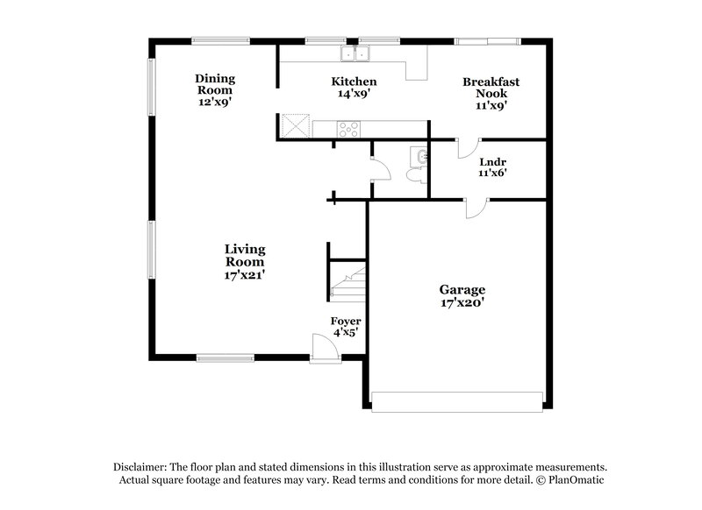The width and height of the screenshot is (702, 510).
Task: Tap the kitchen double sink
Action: click(356, 54)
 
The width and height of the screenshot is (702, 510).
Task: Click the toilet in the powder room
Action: click(415, 174)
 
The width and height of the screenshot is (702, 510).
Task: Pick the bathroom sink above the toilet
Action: click(422, 156)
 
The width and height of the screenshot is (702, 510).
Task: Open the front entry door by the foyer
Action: click(326, 350)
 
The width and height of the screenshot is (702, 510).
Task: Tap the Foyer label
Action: click(345, 321)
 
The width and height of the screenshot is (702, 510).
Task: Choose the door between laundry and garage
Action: click(475, 208)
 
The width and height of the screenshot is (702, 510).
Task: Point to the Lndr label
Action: click(491, 162)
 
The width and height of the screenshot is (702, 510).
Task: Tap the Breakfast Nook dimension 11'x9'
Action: click(491, 105)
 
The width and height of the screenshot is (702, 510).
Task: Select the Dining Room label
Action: click(215, 84)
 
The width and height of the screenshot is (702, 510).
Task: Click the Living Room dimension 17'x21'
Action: click(245, 274)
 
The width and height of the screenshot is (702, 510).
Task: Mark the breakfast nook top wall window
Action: click(487, 40)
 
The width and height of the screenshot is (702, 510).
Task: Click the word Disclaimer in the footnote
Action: click(140, 467)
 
